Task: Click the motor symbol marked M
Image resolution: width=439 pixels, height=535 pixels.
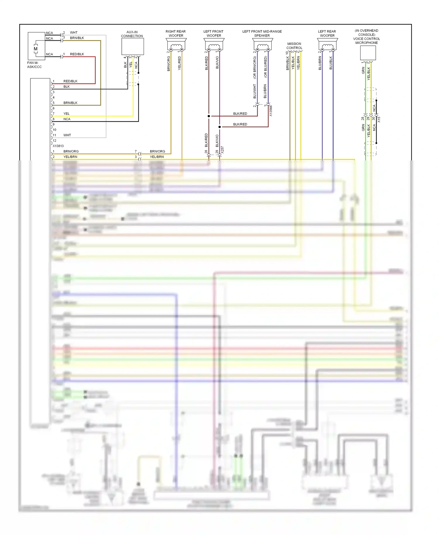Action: [36, 49]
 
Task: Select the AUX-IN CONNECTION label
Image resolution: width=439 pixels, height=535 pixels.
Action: [132, 34]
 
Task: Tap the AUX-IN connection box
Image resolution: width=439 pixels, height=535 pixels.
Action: [133, 46]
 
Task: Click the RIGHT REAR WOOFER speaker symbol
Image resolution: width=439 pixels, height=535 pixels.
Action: [176, 45]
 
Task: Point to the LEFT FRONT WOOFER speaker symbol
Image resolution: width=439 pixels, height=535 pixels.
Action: [214, 45]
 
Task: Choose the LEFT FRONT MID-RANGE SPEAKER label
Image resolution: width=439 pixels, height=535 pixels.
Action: [262, 33]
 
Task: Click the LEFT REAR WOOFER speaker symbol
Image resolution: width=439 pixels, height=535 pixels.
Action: [327, 45]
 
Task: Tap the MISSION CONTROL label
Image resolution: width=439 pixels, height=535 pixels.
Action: [294, 46]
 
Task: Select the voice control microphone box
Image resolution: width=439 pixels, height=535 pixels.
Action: [368, 53]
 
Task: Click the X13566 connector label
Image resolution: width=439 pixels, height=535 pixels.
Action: [271, 111]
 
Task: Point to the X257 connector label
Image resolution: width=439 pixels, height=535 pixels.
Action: [222, 150]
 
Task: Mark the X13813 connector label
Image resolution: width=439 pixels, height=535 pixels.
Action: [58, 146]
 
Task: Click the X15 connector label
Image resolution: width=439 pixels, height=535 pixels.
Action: [379, 119]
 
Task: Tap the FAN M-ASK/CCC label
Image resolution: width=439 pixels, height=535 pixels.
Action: [34, 65]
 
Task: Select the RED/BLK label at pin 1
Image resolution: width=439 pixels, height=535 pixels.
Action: [70, 81]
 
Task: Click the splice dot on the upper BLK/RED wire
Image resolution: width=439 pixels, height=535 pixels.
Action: [209, 116]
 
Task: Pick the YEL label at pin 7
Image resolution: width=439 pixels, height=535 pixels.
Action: [66, 114]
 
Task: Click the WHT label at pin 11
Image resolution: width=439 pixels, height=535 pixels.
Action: [67, 135]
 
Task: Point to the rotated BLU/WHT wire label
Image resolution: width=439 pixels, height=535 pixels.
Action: [255, 91]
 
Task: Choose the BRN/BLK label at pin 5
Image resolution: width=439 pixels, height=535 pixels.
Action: [70, 103]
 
